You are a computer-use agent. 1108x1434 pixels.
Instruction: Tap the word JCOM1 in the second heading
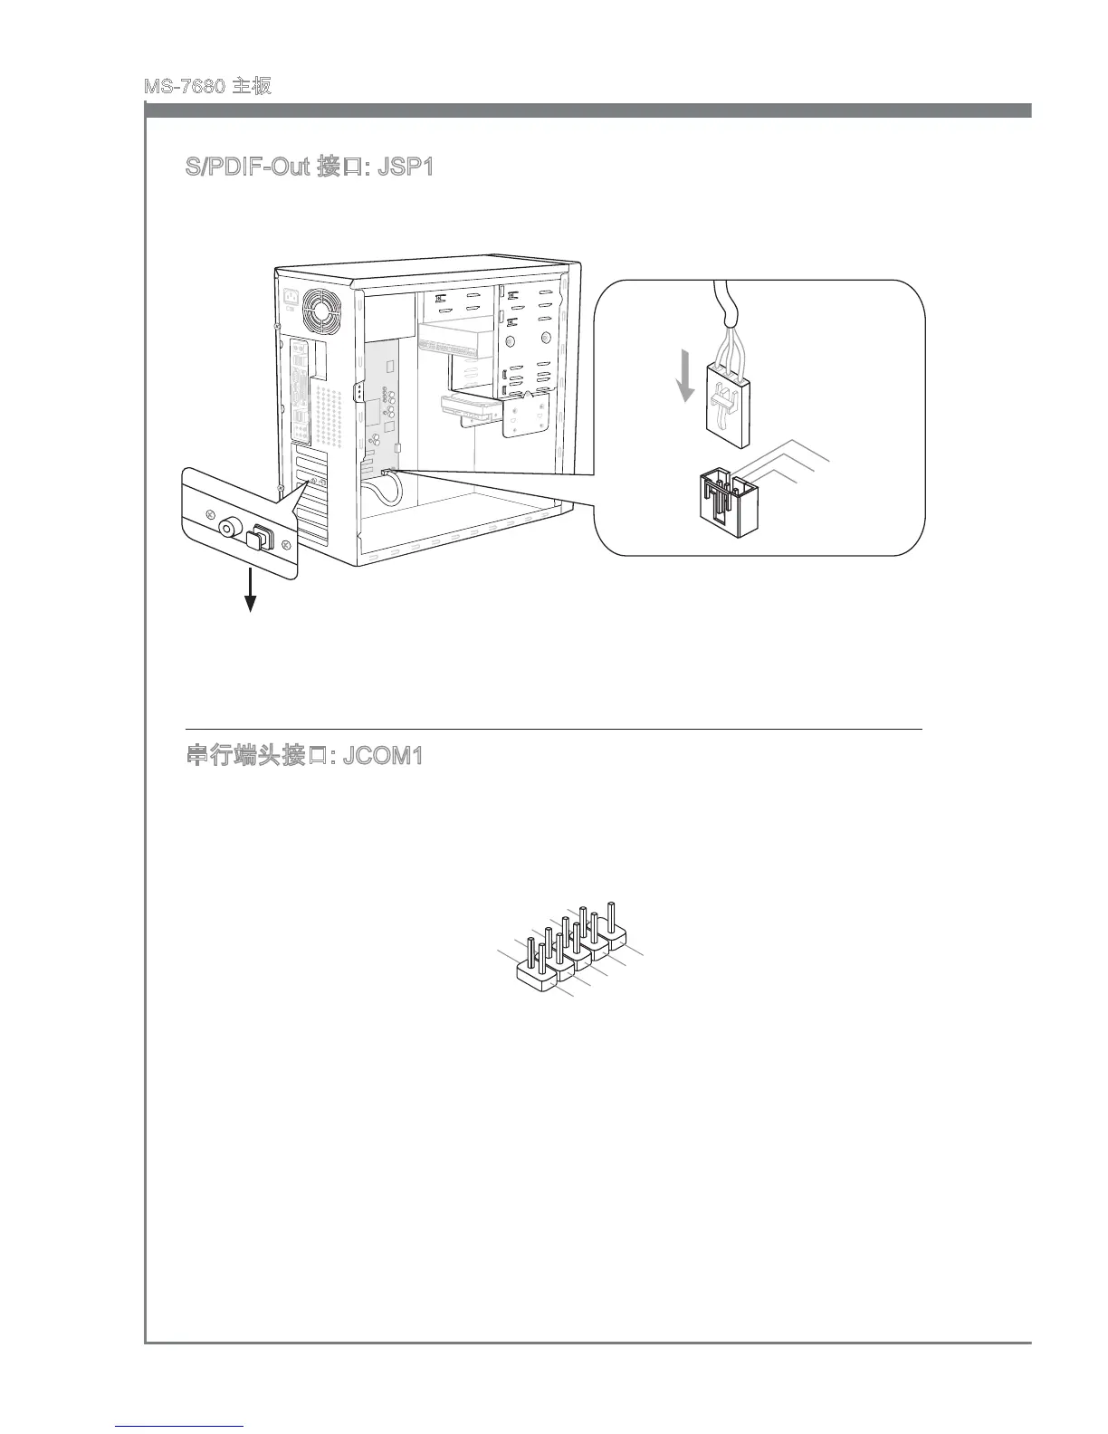(383, 756)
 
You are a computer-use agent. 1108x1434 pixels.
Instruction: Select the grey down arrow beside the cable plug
(687, 378)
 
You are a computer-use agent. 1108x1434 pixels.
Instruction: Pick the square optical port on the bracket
(259, 538)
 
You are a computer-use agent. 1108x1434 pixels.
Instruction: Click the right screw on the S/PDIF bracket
(286, 545)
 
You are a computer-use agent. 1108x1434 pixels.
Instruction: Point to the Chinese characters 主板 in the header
(253, 87)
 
